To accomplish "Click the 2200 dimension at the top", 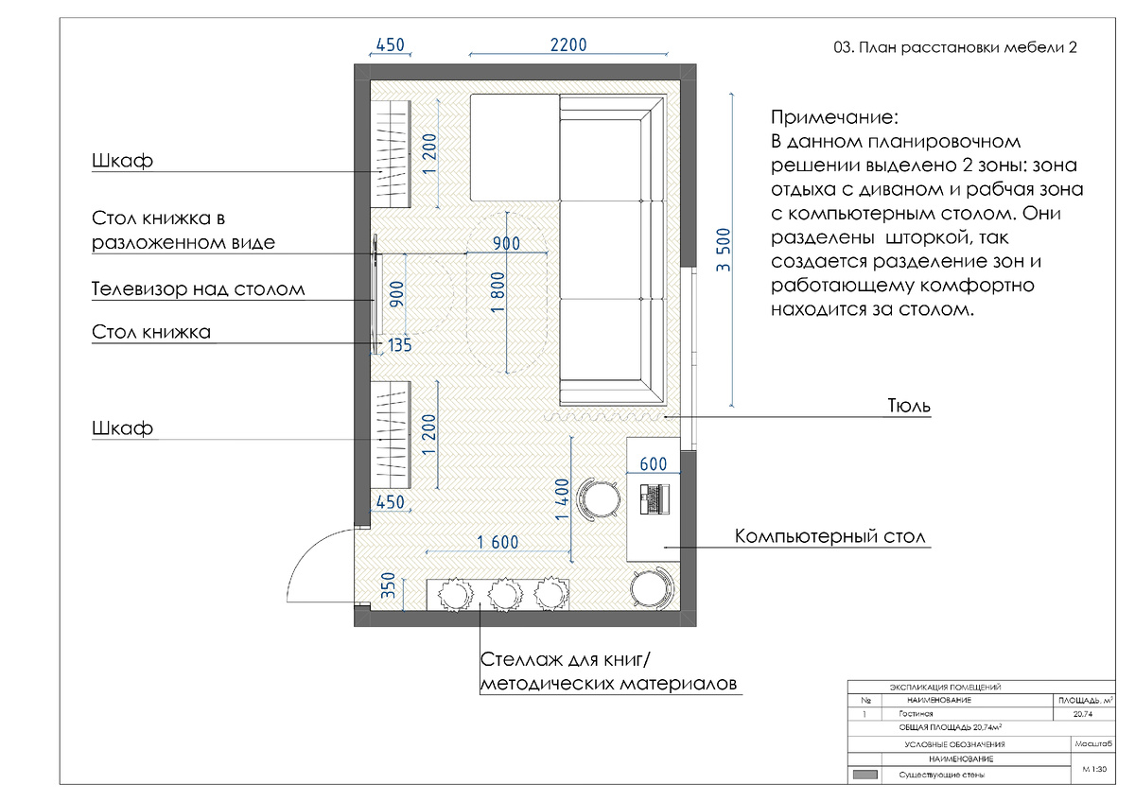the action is pos(568,45).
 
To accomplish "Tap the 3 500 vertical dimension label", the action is pos(723,250).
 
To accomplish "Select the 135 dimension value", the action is pos(399,345).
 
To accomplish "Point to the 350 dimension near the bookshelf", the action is pos(388,585).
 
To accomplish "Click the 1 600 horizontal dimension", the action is pos(498,543).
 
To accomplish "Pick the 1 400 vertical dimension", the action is pos(562,499).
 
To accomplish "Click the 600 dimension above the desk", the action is pos(654,463).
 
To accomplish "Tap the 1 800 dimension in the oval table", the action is pos(498,292).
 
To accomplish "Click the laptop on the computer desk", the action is pos(655,499).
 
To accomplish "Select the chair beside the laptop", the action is pos(600,499).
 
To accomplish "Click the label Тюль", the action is pos(909,406).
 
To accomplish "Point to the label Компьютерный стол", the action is pos(830,536).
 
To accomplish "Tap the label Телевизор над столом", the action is pos(198,288).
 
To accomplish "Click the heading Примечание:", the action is pos(834,117).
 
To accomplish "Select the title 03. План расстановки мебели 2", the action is pos(955,47).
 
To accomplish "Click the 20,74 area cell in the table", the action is pos(1083,714).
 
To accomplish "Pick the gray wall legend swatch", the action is pos(864,776).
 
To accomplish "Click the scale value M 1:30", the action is pos(1094,769).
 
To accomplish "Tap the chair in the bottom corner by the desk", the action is pos(651,588).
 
